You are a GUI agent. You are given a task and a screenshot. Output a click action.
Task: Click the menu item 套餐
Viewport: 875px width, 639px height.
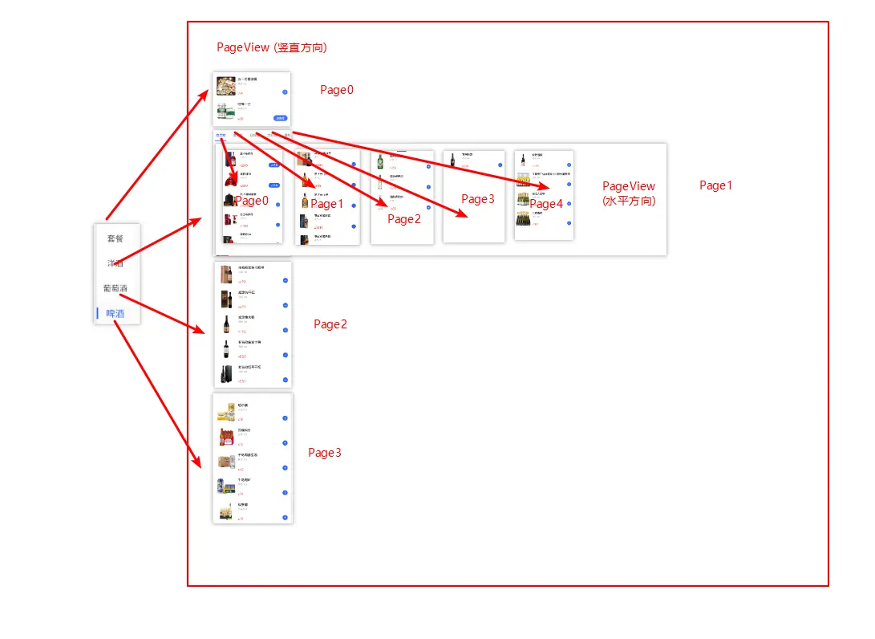tap(115, 238)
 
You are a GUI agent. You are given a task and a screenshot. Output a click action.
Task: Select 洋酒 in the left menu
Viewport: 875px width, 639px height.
tap(115, 263)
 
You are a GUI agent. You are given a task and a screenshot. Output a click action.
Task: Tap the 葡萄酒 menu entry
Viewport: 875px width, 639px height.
tap(115, 288)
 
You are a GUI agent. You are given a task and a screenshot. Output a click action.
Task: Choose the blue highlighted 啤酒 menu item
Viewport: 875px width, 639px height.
tap(115, 314)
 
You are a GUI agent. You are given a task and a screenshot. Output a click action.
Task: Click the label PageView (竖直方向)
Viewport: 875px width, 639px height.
tap(271, 47)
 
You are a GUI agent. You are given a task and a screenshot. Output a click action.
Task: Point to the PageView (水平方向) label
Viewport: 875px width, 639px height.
tap(629, 193)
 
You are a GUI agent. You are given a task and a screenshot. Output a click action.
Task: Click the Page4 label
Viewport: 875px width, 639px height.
tap(546, 204)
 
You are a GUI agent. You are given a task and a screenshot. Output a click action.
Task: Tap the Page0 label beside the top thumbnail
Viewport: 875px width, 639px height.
tap(337, 90)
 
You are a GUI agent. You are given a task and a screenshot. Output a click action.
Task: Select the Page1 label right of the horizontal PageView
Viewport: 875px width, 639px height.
tap(716, 185)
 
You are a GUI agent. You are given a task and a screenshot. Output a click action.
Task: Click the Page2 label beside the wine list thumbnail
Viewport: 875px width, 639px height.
tap(330, 324)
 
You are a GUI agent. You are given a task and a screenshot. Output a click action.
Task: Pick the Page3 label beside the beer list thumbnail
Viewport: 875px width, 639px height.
tap(325, 453)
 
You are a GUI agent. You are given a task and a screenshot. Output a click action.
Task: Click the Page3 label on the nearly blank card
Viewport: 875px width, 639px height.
tap(478, 199)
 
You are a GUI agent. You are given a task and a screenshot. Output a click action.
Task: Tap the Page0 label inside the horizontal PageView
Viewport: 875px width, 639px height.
tap(252, 201)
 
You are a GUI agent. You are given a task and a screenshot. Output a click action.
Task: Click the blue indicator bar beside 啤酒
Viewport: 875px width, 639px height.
tap(98, 314)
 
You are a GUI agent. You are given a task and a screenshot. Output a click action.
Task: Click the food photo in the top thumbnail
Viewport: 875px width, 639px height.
tap(225, 85)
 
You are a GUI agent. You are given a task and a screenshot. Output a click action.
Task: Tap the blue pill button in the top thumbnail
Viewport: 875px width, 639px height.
tap(280, 117)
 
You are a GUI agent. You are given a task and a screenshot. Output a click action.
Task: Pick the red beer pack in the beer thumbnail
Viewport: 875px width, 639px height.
tap(227, 438)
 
